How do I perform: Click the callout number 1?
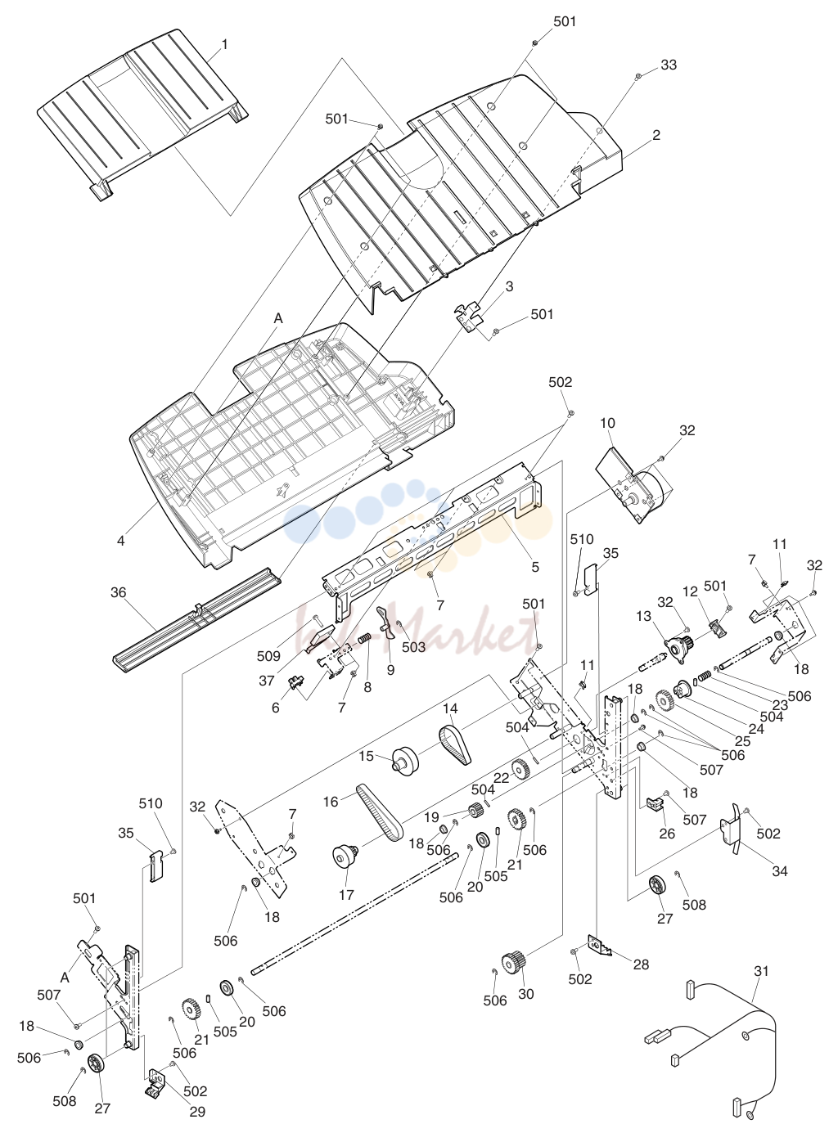coord(224,44)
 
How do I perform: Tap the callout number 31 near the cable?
coord(761,970)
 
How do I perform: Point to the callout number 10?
coord(607,423)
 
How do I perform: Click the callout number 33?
coord(669,65)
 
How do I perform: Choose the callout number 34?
coord(780,871)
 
